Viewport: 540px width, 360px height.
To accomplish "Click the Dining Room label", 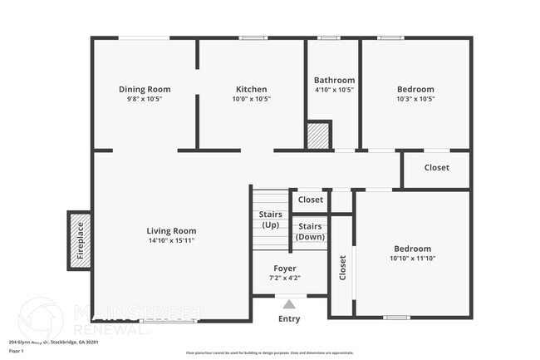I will (x=145, y=89).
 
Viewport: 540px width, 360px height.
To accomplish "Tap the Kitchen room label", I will (x=251, y=89).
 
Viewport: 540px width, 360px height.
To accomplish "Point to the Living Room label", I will (x=171, y=231).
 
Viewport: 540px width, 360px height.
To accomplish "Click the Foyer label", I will (x=286, y=269).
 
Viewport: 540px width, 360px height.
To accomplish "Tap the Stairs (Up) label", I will (x=269, y=220).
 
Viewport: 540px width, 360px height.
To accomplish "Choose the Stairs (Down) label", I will (x=310, y=231).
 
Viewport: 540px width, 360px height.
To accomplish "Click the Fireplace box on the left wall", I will (x=80, y=239).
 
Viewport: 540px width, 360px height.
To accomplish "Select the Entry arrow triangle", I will (x=288, y=303).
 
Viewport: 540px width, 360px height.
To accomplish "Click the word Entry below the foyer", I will (x=289, y=318).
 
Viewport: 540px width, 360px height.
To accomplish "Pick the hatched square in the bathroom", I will (x=319, y=135).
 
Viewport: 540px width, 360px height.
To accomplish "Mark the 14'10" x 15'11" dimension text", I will (x=171, y=241).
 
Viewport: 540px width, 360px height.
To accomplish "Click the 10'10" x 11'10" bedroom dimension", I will (x=413, y=259).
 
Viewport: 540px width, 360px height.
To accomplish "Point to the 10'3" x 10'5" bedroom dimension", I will (x=415, y=99).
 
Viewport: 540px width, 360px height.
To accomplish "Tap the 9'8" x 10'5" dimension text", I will (x=145, y=99).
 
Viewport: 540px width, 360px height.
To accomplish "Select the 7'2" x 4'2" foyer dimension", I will (x=286, y=279).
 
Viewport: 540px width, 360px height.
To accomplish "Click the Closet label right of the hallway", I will (x=436, y=167).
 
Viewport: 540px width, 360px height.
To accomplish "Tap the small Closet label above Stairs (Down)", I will (x=311, y=200).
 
